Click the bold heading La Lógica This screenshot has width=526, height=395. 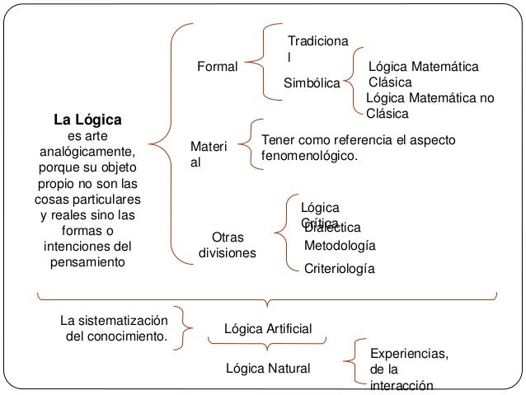tap(87, 118)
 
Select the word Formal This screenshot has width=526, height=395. tap(216, 66)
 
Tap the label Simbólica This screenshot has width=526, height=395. tap(312, 83)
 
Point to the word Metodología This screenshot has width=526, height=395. tap(340, 246)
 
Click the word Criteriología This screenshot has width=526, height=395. tap(339, 269)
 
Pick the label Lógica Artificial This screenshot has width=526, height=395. tap(268, 330)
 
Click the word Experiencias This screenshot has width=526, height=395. tap(410, 354)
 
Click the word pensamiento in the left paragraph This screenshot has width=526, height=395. tap(87, 262)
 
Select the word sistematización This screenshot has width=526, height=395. tap(124, 320)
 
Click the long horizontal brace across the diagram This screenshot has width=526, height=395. tap(265, 299)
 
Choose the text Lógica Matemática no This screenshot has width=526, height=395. tap(430, 98)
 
